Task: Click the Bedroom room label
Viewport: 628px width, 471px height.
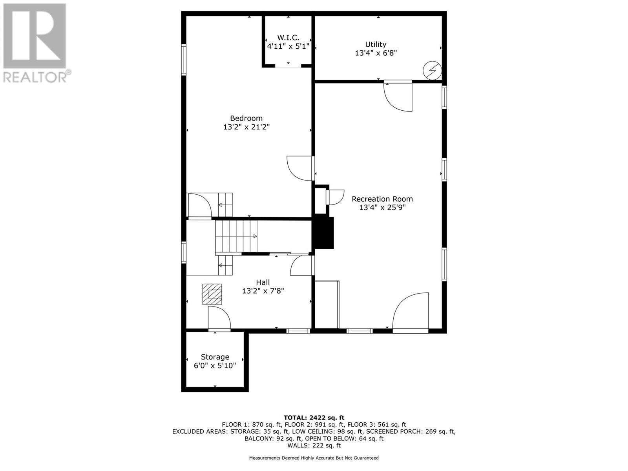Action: [246, 118]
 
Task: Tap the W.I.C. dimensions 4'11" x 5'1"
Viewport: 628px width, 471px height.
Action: [288, 46]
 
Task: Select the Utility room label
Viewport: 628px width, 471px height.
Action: [376, 44]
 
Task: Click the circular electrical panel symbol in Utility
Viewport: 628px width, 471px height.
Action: [432, 71]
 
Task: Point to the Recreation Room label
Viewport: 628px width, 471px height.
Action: [382, 199]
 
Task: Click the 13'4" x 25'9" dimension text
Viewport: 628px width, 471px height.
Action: [382, 208]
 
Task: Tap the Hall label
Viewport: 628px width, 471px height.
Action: [263, 282]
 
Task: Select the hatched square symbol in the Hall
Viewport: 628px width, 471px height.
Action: [212, 294]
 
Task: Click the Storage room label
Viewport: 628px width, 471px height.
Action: [215, 357]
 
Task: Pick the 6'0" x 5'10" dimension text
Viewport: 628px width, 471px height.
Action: [215, 366]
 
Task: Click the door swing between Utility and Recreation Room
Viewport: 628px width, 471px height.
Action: [398, 97]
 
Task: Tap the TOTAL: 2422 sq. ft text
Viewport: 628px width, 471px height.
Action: [314, 418]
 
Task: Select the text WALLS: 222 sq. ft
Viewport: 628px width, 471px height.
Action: [314, 445]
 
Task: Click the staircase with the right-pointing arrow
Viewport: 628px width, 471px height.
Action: [235, 236]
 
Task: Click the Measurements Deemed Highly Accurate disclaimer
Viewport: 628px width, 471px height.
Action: [314, 458]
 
